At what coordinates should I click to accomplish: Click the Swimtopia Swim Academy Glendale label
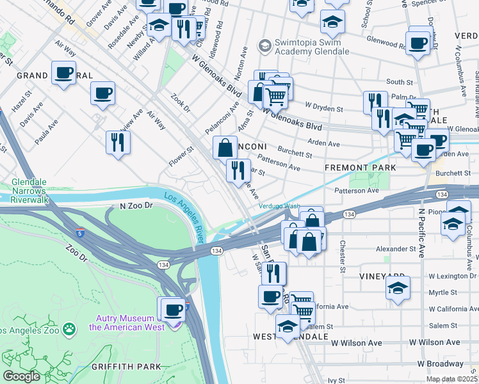tap(307, 51)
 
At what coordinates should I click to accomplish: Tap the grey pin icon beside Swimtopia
tap(264, 46)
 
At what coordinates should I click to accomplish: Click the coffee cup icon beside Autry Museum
tap(172, 310)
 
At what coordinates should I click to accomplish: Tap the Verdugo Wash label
tap(279, 206)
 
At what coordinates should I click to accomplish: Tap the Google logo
tap(21, 376)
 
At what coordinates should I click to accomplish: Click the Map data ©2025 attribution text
tap(451, 379)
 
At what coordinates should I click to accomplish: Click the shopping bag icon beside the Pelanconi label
tap(225, 148)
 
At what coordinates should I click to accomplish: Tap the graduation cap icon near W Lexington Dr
tap(398, 288)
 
